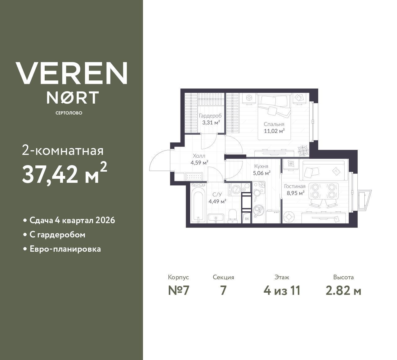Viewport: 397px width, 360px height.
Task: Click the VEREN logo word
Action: [71, 73]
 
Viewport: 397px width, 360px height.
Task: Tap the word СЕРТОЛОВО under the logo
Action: [69, 113]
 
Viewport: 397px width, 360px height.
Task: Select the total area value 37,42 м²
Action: [65, 174]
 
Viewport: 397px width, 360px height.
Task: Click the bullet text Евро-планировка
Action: [65, 249]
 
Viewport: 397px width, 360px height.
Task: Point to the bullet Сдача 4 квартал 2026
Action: [72, 220]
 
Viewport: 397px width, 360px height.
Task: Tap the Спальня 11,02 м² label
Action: [274, 128]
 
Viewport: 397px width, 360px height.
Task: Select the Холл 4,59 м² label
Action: [199, 159]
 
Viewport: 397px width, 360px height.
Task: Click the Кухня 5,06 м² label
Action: [261, 170]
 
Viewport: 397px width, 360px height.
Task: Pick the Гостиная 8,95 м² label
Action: [295, 189]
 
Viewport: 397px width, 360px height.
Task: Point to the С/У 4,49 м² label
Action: [217, 198]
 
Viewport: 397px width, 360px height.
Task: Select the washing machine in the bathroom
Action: [235, 189]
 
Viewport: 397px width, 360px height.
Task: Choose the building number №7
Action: [178, 290]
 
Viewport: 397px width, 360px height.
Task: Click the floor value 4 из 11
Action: [282, 290]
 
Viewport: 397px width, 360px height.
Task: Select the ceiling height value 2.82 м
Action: [343, 290]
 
